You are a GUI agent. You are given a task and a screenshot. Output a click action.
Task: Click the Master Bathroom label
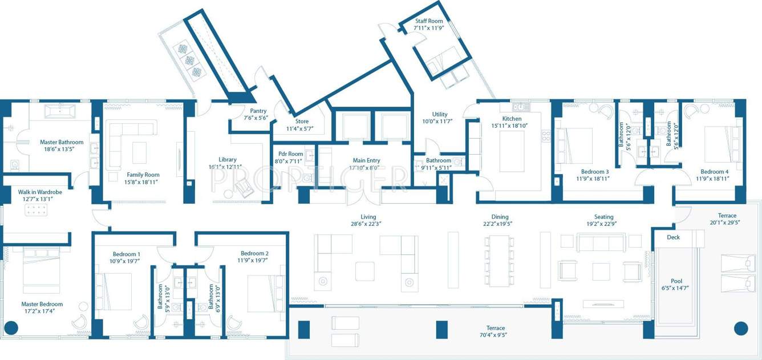pyautogui.click(x=62, y=142)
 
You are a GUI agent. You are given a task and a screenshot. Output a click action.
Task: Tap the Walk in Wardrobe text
pyautogui.click(x=40, y=192)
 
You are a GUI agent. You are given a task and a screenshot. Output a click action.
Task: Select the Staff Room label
pyautogui.click(x=429, y=21)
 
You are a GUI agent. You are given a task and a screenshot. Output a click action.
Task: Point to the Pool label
pyautogui.click(x=676, y=281)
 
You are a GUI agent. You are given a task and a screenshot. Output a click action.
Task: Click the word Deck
pyautogui.click(x=673, y=237)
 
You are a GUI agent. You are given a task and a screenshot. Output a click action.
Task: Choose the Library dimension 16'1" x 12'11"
pyautogui.click(x=225, y=167)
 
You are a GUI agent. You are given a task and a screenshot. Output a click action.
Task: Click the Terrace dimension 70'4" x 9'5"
pyautogui.click(x=496, y=335)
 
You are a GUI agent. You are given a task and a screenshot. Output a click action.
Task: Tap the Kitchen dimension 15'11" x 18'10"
pyautogui.click(x=512, y=126)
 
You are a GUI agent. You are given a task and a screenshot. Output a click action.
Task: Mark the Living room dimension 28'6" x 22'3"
pyautogui.click(x=368, y=224)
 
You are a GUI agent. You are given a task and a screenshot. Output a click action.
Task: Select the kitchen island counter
pyautogui.click(x=512, y=151)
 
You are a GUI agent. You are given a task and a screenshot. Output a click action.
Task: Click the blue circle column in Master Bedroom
pyautogui.click(x=11, y=328)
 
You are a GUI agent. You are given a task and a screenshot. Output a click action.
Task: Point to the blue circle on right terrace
pyautogui.click(x=740, y=328)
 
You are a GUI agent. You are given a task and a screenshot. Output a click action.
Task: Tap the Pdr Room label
pyautogui.click(x=290, y=154)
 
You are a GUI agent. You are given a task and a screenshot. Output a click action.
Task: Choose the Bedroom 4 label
pyautogui.click(x=714, y=171)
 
